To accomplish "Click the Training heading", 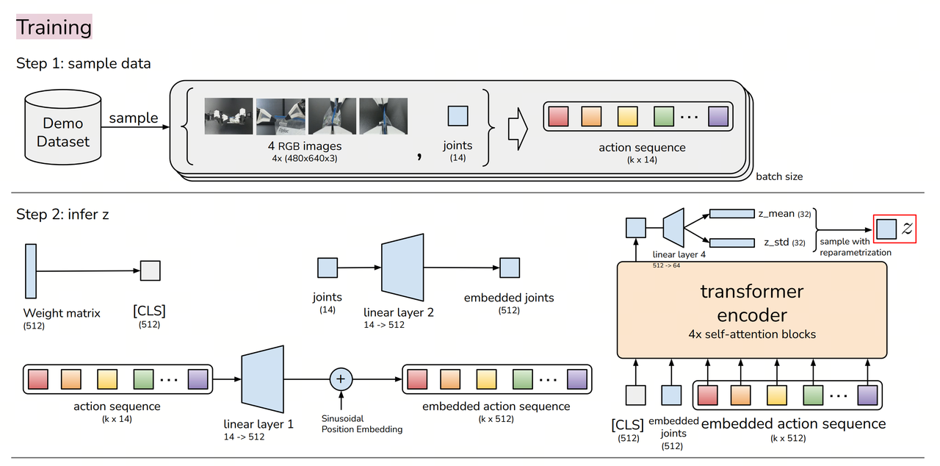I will click(54, 27).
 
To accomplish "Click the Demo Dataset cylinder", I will click(62, 131).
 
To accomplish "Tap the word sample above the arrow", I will click(134, 118).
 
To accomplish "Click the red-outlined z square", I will click(887, 229).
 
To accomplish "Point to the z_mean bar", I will click(731, 214).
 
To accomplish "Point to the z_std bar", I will click(731, 242).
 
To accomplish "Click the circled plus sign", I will click(341, 379).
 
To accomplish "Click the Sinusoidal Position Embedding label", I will click(362, 423).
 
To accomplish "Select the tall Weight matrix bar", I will click(31, 271).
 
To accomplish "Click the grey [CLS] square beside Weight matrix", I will click(150, 271).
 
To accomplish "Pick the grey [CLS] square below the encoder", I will click(635, 395).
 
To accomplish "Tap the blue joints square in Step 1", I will click(458, 116).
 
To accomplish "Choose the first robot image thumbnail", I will click(229, 116).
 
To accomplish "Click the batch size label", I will click(779, 176).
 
